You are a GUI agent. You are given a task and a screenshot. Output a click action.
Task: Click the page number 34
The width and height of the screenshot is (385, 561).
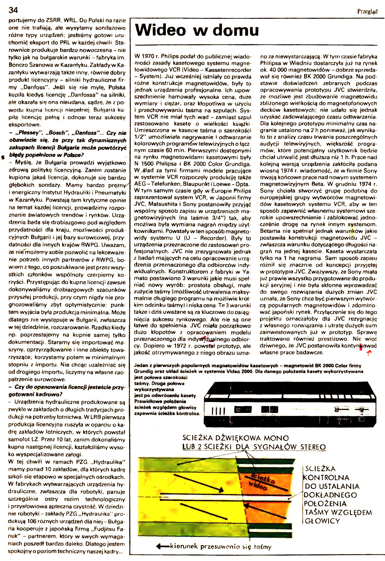click(13, 10)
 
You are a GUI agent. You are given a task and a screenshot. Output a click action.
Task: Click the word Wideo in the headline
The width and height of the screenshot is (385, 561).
click(161, 30)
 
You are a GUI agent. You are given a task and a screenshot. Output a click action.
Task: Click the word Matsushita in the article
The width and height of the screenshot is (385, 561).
click(164, 204)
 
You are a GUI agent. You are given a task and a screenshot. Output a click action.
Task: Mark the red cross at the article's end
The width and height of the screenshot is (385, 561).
click(368, 352)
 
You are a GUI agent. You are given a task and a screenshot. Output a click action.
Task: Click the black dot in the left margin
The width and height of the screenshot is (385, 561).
click(3, 157)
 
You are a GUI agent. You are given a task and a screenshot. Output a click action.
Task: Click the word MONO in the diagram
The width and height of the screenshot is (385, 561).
click(275, 438)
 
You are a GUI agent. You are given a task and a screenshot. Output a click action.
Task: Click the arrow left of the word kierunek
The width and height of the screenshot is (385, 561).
click(162, 546)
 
